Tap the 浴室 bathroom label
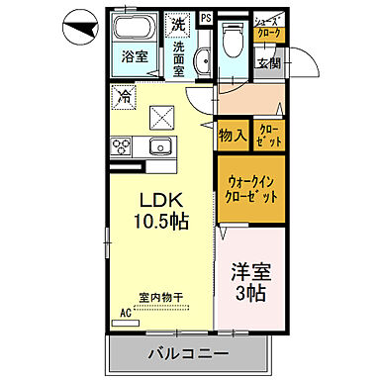(x=136, y=55)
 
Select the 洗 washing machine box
(x=178, y=23)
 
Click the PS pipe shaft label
(x=205, y=18)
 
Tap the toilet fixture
(x=234, y=40)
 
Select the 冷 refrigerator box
(x=124, y=97)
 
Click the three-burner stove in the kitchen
(x=125, y=147)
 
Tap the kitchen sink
(x=160, y=147)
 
